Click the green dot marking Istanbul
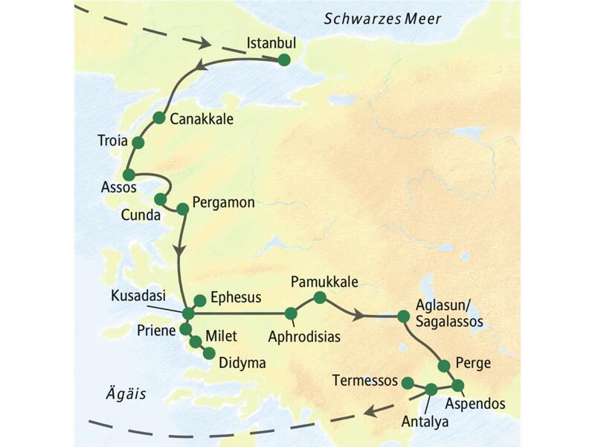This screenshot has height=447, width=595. point(283,61)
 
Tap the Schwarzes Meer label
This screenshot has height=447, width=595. point(382,19)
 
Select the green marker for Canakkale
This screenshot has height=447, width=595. point(158,118)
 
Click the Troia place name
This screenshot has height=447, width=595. point(113,140)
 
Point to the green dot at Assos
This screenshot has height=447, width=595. point(128,174)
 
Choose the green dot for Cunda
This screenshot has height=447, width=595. point(160,199)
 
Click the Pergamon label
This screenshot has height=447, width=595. point(223,202)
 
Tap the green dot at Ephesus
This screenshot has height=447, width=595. point(199,300)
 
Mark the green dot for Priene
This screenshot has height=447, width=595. point(185,329)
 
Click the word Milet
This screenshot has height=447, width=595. point(221,337)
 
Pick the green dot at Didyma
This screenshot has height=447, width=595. point(209,353)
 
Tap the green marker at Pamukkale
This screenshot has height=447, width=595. point(319,298)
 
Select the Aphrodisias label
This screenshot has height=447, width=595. point(304,337)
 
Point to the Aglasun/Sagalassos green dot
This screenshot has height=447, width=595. point(403,316)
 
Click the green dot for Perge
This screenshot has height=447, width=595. point(443,365)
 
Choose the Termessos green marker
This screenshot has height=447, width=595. point(408,383)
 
